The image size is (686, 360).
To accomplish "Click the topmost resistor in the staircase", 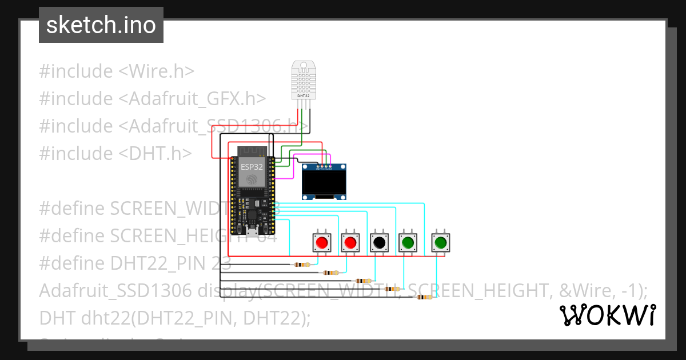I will tap(301, 265).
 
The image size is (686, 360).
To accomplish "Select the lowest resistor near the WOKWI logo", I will tap(424, 297).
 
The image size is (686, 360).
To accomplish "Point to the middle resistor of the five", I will tap(362, 281).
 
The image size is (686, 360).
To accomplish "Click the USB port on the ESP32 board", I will tap(252, 231).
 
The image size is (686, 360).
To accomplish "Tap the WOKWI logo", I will tap(607, 315).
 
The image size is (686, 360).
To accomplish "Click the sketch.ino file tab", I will tap(101, 25).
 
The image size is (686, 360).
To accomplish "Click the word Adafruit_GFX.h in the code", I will tap(192, 98).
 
